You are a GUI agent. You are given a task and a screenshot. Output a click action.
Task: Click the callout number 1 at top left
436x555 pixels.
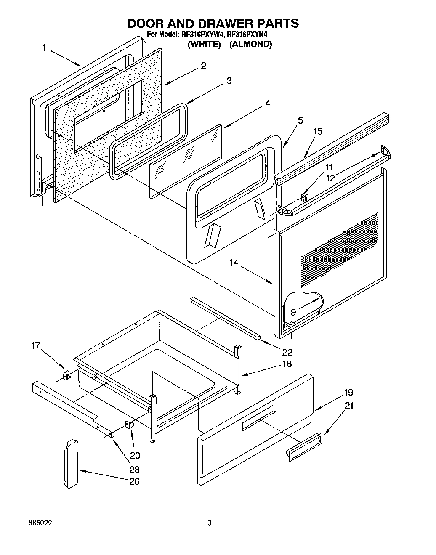(x=44, y=48)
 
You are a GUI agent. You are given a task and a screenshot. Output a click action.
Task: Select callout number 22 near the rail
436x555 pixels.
(x=287, y=352)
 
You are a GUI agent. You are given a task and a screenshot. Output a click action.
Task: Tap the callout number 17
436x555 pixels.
(x=36, y=346)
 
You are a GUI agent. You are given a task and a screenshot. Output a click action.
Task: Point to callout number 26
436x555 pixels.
(x=134, y=482)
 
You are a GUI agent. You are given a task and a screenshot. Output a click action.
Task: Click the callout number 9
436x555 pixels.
(x=293, y=312)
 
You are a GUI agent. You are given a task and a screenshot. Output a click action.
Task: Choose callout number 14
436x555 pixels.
(x=234, y=263)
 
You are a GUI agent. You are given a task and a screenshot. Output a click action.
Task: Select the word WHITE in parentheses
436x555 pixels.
(x=204, y=44)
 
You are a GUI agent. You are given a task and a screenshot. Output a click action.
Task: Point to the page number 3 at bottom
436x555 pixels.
(x=209, y=523)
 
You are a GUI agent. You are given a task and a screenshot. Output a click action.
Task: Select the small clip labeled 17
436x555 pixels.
(x=66, y=374)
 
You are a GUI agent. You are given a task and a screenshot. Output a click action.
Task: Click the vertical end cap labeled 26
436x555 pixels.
(x=71, y=463)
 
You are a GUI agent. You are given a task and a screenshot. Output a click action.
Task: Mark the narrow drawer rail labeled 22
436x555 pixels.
(x=225, y=316)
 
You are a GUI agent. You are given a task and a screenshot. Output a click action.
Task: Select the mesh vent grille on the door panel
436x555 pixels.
(x=339, y=248)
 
